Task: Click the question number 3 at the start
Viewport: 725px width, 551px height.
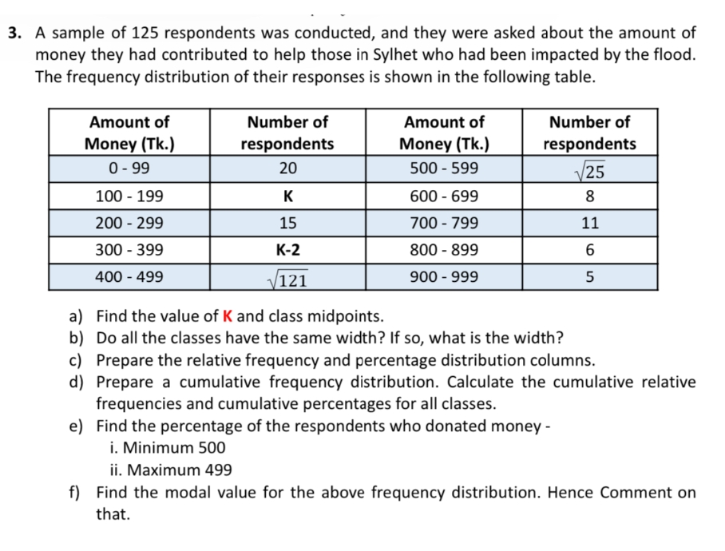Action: click(14, 34)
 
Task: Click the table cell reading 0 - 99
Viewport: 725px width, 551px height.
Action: click(129, 168)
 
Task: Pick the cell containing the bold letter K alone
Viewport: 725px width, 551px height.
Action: click(287, 196)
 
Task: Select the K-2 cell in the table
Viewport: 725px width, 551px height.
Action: click(287, 250)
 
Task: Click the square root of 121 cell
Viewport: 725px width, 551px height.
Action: click(287, 278)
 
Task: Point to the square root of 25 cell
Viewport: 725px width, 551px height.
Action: click(589, 169)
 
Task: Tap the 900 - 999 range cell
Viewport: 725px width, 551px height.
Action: click(443, 277)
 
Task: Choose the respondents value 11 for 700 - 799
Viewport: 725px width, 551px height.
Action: click(589, 223)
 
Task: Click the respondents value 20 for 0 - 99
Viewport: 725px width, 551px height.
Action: click(287, 168)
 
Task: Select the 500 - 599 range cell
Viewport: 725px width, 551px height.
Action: click(443, 168)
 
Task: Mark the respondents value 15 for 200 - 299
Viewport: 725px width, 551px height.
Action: click(287, 223)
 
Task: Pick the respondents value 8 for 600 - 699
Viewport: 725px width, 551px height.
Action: click(589, 196)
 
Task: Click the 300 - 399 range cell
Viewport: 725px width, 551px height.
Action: click(129, 250)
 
